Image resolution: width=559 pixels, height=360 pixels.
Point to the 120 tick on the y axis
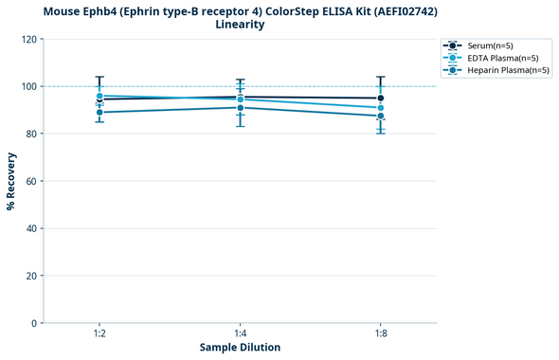coord(30,39)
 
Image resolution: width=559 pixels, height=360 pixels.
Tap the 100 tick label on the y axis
coord(30,86)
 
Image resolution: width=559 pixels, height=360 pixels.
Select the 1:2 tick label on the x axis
coord(99,334)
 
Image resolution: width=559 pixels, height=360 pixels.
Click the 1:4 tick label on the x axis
coord(240,334)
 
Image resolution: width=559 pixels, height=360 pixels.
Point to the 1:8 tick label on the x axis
coord(380,334)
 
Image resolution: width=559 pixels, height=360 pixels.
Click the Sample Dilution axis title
coord(240,348)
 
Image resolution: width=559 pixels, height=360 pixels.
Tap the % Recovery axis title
coord(11,181)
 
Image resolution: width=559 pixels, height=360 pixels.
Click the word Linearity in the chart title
coord(240,25)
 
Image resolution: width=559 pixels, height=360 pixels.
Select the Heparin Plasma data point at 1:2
coord(99,113)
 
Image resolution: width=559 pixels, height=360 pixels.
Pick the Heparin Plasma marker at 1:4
coord(240,108)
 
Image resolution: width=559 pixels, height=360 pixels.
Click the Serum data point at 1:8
coord(380,99)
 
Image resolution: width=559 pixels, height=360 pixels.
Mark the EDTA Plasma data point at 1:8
coord(380,108)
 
